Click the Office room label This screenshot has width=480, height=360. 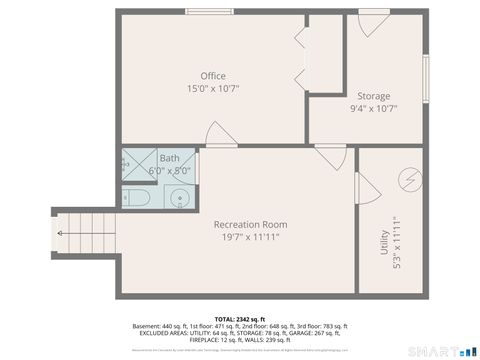point(212,76)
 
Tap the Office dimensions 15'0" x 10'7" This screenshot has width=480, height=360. point(212,89)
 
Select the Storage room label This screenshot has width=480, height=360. point(374,96)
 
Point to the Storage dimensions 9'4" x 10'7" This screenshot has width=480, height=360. point(374,109)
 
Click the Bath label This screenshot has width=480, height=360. point(170,158)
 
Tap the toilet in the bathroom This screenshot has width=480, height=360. point(137,198)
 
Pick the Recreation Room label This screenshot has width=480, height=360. point(250,224)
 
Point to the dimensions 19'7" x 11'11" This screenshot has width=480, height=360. point(250,237)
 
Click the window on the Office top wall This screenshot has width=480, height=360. point(207,12)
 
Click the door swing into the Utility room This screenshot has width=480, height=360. point(365,187)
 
